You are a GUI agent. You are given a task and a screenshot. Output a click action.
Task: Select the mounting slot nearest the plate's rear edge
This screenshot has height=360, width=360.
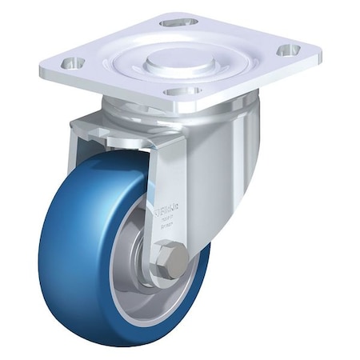point(178,22)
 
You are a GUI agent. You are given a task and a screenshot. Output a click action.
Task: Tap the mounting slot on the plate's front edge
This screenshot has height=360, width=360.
point(183,91)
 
